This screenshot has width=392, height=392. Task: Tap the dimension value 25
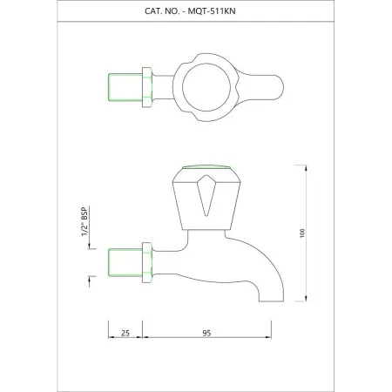(x=125, y=332)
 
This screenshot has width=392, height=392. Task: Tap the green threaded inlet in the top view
(x=120, y=85)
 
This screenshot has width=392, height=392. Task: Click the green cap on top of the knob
(x=203, y=169)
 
